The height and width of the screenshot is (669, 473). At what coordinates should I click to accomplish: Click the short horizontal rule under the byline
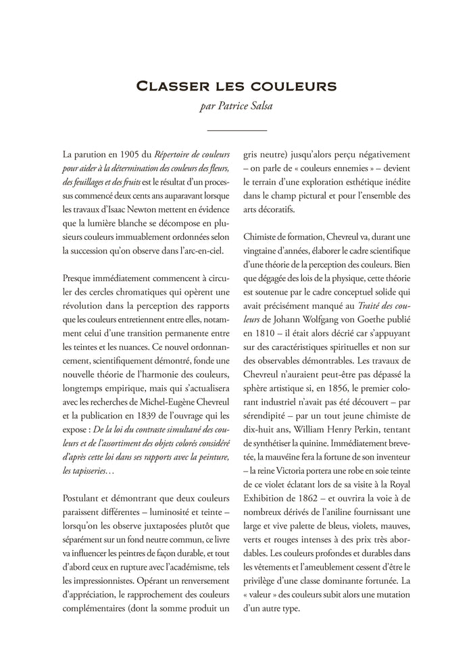236,129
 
